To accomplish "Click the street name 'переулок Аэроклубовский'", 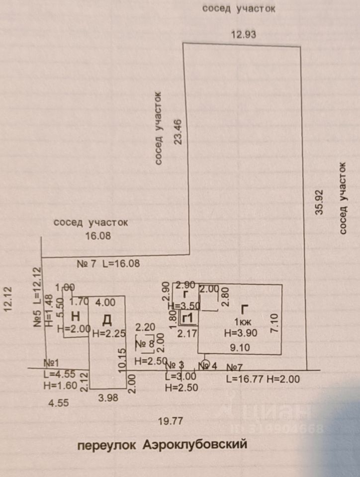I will tap(162, 444).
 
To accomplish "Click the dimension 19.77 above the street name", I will tap(171, 421).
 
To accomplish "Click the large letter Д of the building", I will tap(107, 318).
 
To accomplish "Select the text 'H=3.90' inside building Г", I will tap(241, 334).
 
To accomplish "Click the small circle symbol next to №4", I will tap(205, 363).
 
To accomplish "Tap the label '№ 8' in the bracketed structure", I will tap(145, 343).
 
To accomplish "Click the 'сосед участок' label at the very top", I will tap(239, 8).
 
